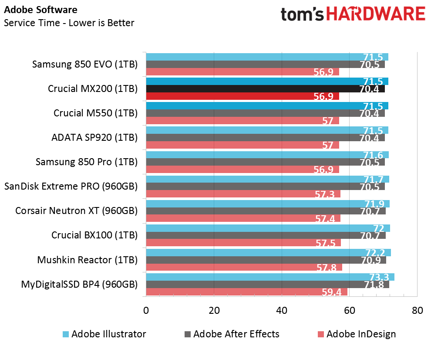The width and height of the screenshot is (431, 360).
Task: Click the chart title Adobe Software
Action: tap(40, 10)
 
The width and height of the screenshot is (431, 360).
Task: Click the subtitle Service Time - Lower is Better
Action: tap(69, 23)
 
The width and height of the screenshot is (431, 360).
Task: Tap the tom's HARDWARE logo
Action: tap(353, 14)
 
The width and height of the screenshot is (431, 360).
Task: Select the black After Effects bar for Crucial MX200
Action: tap(265, 89)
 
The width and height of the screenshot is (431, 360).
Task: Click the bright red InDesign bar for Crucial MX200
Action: tap(242, 96)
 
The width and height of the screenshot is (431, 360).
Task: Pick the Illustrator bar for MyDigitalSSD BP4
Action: tap(270, 277)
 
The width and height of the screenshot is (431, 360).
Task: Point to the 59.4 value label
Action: tap(331, 292)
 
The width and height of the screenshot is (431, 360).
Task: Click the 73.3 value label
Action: tap(379, 277)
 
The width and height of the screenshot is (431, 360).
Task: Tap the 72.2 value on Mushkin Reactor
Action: tap(375, 252)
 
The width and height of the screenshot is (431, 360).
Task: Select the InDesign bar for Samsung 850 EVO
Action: tap(242, 72)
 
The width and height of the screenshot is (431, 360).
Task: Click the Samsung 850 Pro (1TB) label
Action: tap(87, 162)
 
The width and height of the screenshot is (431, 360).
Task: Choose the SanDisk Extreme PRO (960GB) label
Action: tap(71, 187)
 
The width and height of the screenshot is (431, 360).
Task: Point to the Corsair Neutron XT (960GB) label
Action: tap(77, 211)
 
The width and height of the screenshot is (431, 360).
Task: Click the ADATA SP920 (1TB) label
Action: tap(94, 137)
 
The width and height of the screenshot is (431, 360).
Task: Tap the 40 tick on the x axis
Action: tap(282, 310)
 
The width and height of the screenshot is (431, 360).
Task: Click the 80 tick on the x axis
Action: tap(417, 310)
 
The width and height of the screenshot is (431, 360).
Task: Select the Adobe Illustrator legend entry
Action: tap(104, 334)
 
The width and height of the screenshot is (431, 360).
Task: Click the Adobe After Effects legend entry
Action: tap(232, 334)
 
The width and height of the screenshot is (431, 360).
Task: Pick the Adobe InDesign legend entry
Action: tap(357, 334)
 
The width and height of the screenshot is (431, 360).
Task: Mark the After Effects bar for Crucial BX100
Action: tap(266, 235)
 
